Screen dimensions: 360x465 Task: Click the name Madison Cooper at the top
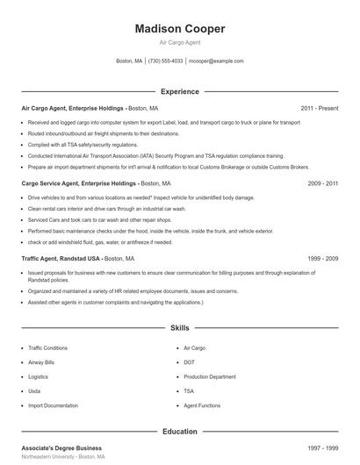180,29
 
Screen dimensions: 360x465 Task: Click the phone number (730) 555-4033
166,61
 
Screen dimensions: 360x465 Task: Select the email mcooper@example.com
217,61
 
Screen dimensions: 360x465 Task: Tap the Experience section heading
179,91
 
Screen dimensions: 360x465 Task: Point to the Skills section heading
179,327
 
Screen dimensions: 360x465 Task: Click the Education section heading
179,432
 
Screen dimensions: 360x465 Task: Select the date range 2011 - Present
319,108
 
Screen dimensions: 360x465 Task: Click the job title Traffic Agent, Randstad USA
61,259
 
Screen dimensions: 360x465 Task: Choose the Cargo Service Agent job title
79,183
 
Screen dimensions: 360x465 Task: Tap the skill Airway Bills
41,361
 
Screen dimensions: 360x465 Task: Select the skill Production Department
210,376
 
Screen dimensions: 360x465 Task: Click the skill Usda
34,391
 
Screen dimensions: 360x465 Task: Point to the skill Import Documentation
54,406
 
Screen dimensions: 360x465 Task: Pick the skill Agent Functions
202,406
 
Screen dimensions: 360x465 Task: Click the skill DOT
190,361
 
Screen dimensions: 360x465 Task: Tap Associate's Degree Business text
61,448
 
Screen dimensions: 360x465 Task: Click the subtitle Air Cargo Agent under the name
180,42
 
